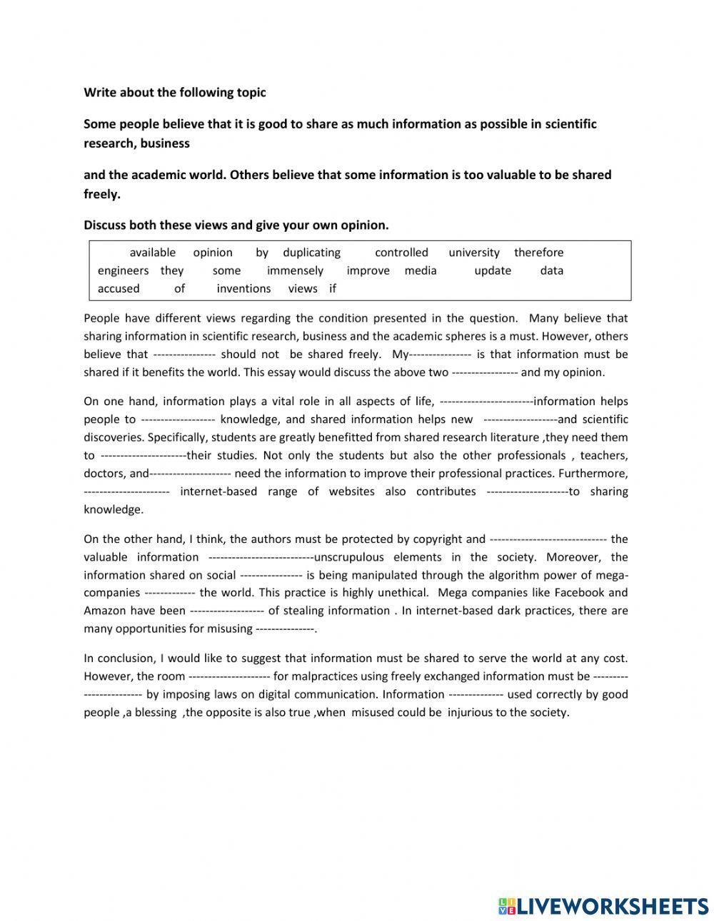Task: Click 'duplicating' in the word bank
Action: click(x=311, y=253)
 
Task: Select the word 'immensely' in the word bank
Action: click(x=295, y=270)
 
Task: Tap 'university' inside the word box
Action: click(x=474, y=253)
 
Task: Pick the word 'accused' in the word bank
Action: click(x=119, y=288)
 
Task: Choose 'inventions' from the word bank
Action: click(x=243, y=288)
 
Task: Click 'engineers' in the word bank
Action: click(x=123, y=270)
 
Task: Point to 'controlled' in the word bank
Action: click(x=401, y=253)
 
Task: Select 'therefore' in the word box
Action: click(x=538, y=253)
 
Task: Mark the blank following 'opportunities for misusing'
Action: click(x=285, y=629)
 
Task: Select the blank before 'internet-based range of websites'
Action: click(x=126, y=492)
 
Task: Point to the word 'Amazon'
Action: click(x=104, y=611)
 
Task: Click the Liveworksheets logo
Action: click(x=603, y=905)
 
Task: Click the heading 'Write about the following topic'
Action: click(x=175, y=92)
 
